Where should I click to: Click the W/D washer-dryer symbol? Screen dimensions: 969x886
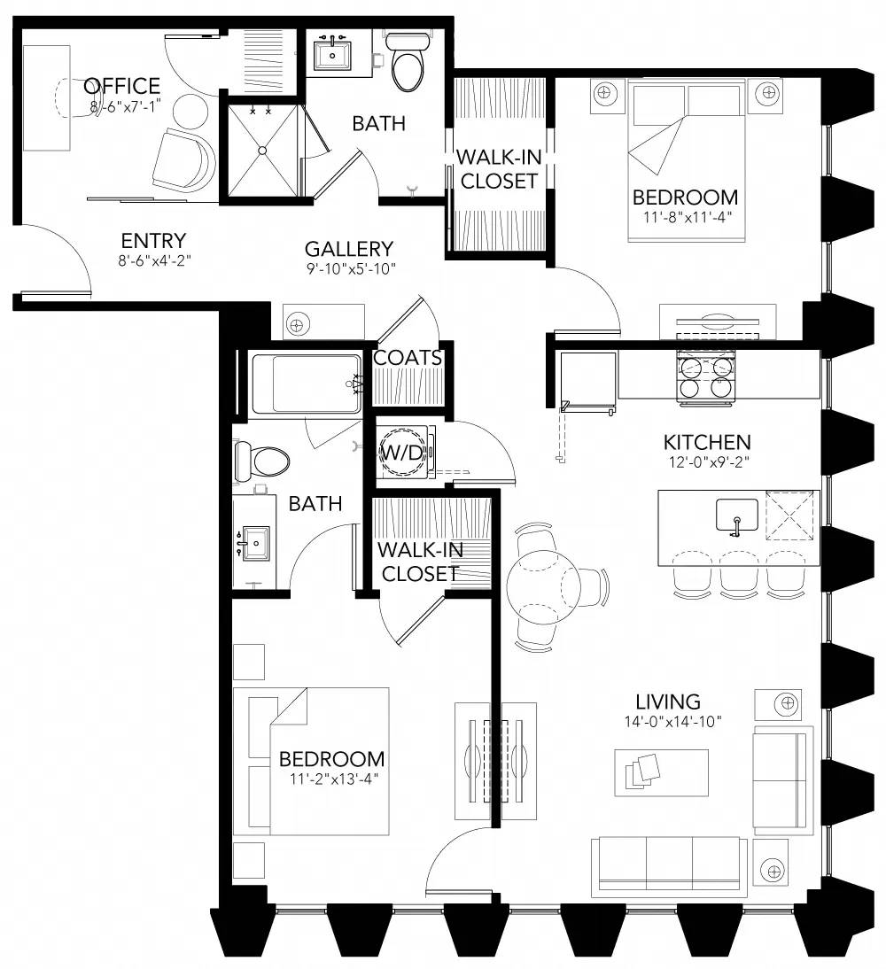click(402, 453)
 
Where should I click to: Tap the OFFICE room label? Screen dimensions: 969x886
click(121, 86)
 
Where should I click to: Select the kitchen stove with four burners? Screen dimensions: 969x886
click(707, 376)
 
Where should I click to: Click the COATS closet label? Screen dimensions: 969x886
click(408, 358)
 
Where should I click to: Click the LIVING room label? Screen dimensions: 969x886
click(673, 702)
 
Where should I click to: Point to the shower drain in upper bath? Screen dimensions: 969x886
click(263, 151)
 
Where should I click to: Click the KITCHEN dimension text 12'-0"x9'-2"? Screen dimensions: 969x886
click(707, 461)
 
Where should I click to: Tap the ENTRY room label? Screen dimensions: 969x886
click(153, 241)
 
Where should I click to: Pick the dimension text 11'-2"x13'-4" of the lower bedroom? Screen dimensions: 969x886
click(331, 779)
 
